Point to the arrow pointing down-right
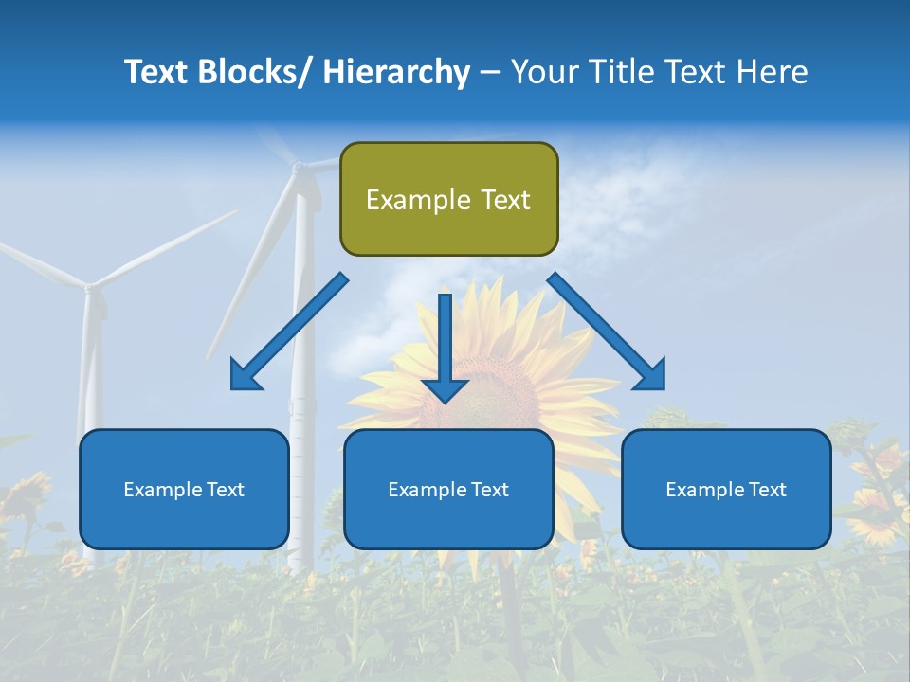(x=607, y=332)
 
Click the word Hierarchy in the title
(x=396, y=72)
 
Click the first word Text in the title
(x=155, y=72)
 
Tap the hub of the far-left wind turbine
(x=90, y=286)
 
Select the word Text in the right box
(x=767, y=490)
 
